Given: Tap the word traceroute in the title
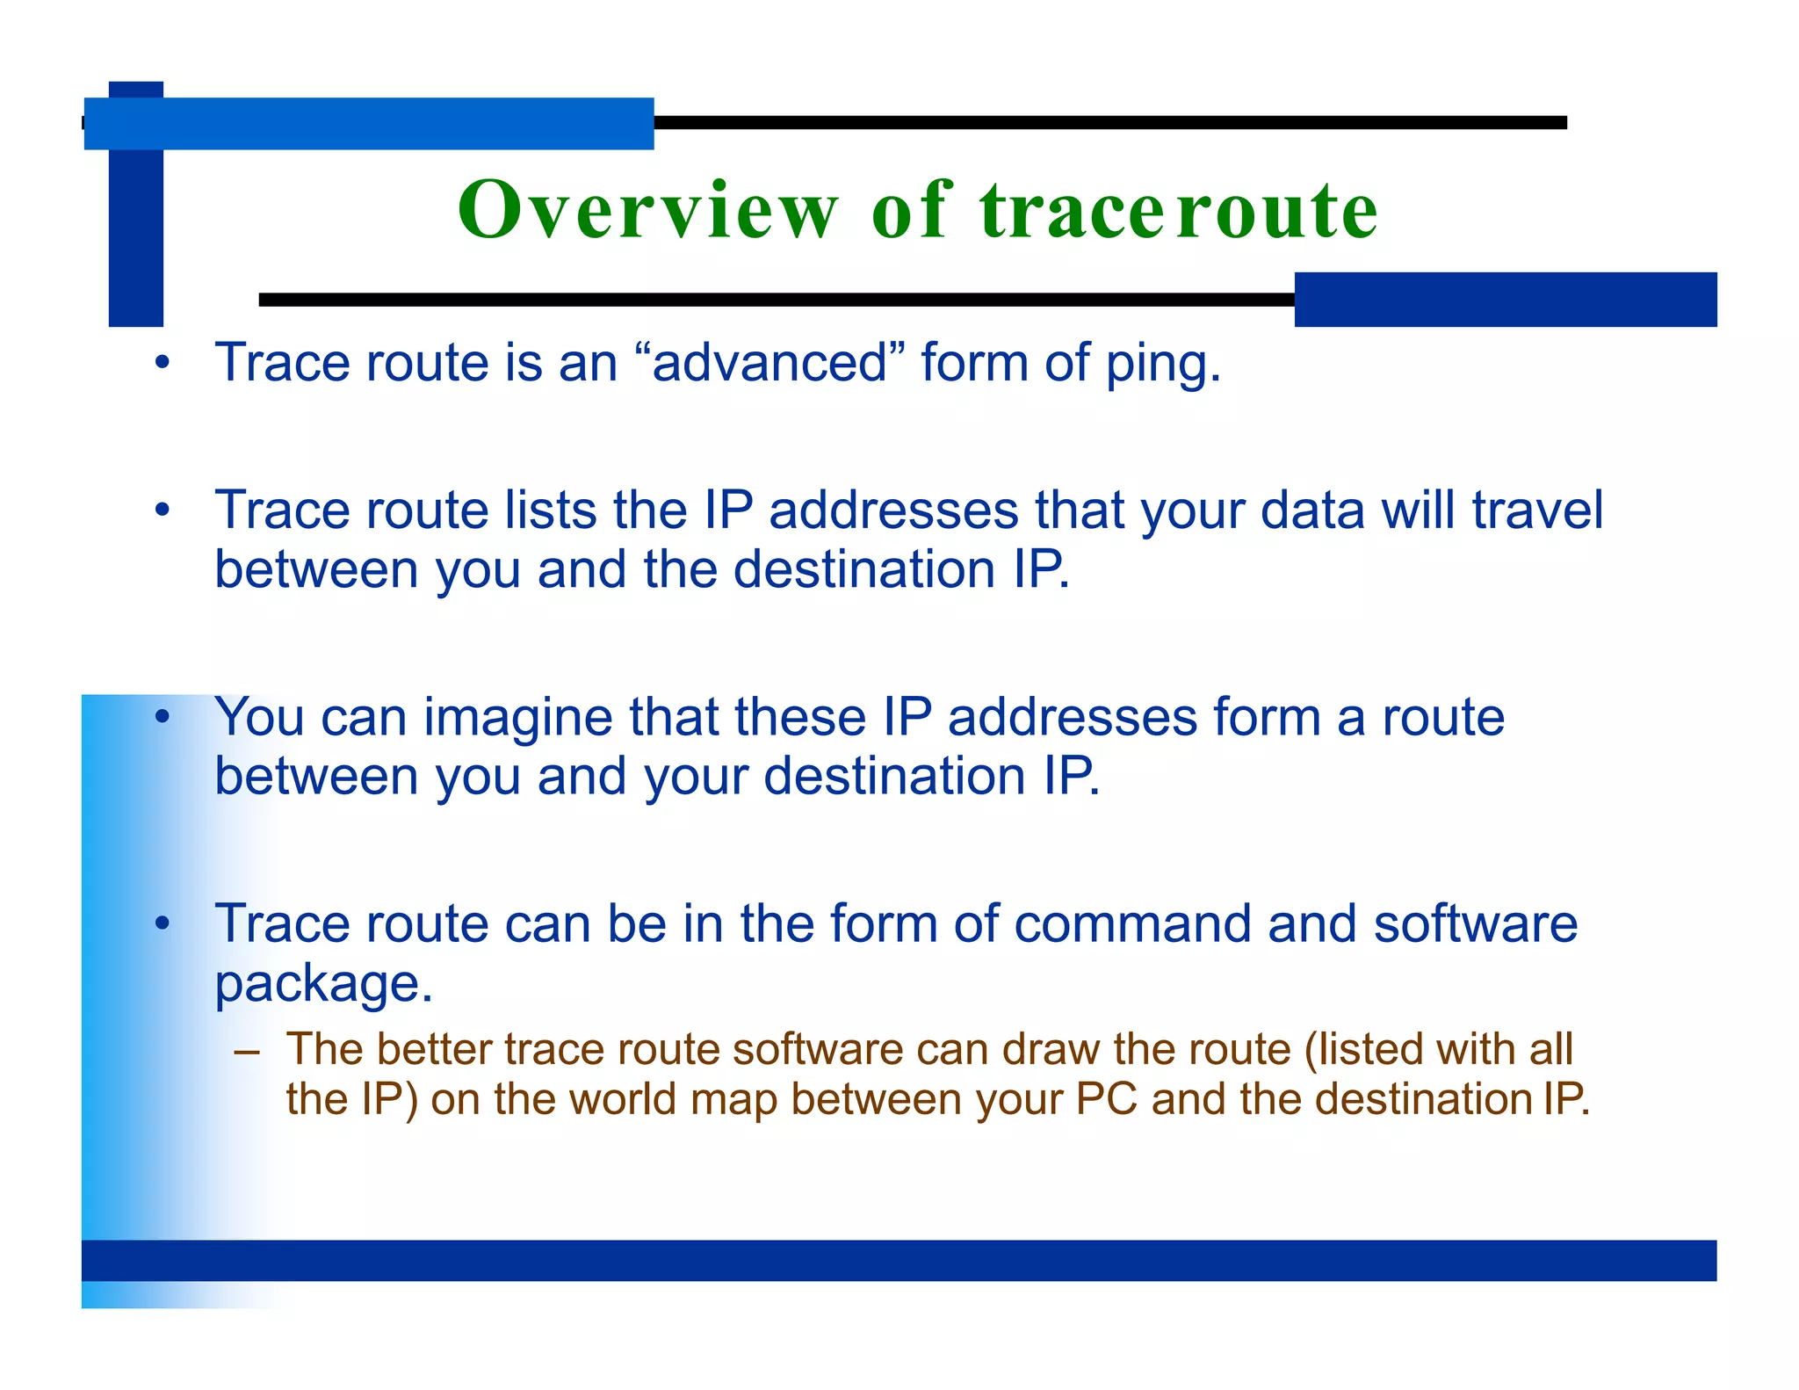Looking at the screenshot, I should [x=1179, y=211].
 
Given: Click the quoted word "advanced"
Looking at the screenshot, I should [x=769, y=362].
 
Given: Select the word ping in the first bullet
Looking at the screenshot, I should [x=1162, y=364].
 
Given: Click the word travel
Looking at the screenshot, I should [x=1537, y=510].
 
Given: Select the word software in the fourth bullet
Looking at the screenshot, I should [x=1476, y=923].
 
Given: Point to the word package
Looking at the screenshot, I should [x=323, y=984].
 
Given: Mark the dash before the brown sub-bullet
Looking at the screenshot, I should [x=248, y=1051].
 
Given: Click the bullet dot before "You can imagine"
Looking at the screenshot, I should [x=162, y=717].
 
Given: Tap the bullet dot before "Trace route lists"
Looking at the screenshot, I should [x=162, y=510].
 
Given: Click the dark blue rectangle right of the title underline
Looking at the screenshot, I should [x=1505, y=300].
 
